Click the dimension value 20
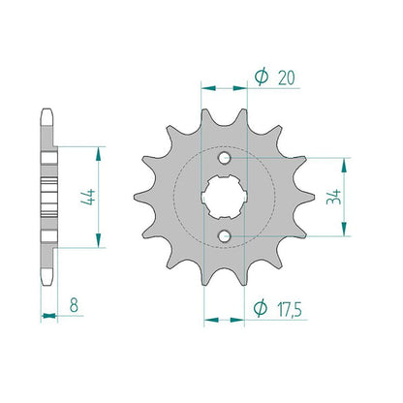tap(287, 78)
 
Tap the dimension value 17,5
tap(290, 310)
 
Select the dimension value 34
tap(334, 197)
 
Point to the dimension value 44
tap(88, 198)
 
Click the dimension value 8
tap(74, 305)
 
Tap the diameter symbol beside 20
tap(261, 77)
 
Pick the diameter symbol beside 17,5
tap(260, 308)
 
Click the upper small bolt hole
tap(224, 158)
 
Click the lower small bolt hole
tap(224, 236)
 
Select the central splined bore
tap(224, 197)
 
